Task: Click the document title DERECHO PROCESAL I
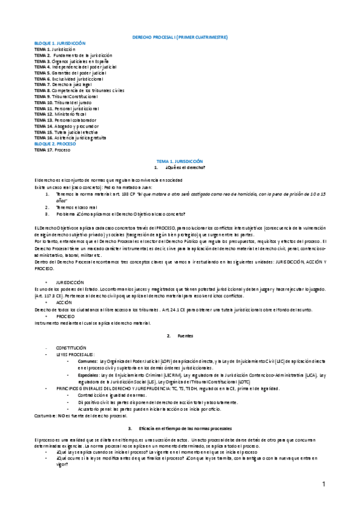click(x=180, y=38)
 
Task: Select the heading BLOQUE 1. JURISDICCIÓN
click(x=60, y=43)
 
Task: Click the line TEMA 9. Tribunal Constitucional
click(x=66, y=96)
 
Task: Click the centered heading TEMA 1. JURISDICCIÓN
click(x=180, y=162)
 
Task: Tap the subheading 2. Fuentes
click(x=180, y=334)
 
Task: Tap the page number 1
click(x=323, y=484)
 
